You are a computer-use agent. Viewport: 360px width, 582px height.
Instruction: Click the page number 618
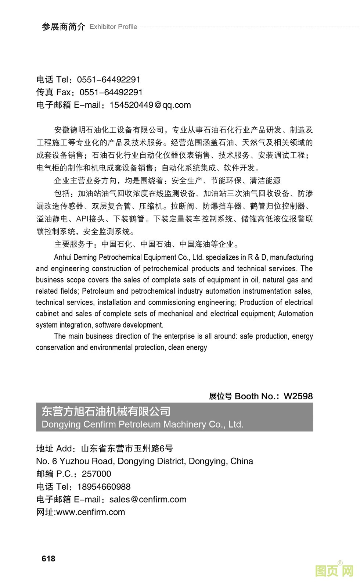pyautogui.click(x=48, y=558)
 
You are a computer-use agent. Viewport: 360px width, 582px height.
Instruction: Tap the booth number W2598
pyautogui.click(x=298, y=396)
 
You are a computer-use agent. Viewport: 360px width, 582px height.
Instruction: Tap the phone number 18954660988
pyautogui.click(x=104, y=486)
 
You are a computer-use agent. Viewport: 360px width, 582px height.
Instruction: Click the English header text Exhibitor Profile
pyautogui.click(x=113, y=26)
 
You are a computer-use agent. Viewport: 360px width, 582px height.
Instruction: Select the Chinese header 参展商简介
pyautogui.click(x=64, y=26)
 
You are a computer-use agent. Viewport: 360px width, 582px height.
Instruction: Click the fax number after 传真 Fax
pyautogui.click(x=111, y=92)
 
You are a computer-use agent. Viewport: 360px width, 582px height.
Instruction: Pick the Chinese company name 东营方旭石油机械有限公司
pyautogui.click(x=106, y=411)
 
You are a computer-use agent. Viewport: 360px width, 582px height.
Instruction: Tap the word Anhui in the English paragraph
pyautogui.click(x=63, y=257)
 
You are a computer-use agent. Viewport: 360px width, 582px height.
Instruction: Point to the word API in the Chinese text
pyautogui.click(x=82, y=219)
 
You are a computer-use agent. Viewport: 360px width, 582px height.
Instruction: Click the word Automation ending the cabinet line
pyautogui.click(x=295, y=314)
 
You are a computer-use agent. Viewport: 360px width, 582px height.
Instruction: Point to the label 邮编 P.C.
pyautogui.click(x=54, y=474)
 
